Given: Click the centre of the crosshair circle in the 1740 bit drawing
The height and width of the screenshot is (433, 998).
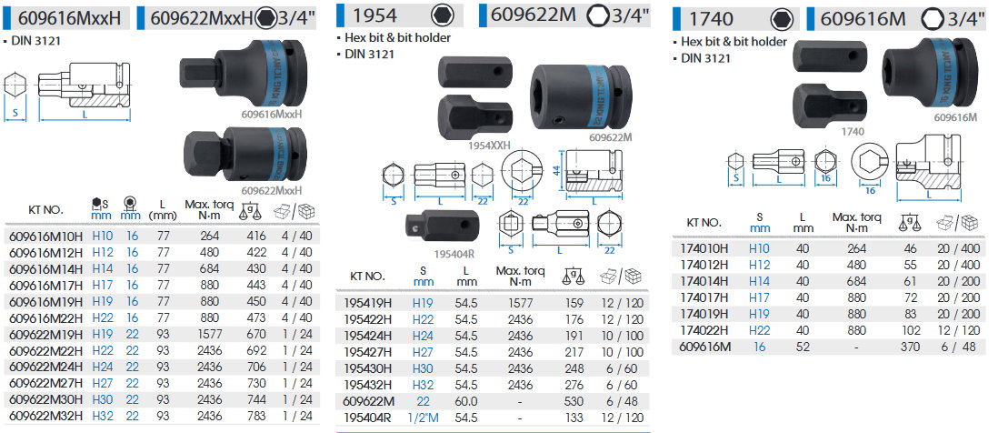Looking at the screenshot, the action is (796, 162).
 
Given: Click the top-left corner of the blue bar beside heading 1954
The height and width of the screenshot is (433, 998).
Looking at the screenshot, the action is (336, 4).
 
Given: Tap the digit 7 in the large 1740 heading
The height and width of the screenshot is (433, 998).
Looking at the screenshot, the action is (702, 20).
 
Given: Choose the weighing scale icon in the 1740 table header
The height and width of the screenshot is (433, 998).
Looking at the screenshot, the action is (909, 222).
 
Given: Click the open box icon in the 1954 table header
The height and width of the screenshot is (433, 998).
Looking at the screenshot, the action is (609, 277).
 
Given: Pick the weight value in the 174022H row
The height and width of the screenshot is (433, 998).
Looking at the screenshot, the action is (912, 330).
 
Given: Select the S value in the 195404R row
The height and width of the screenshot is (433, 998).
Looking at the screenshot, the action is (423, 418).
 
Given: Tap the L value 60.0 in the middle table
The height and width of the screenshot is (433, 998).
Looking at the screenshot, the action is (466, 401).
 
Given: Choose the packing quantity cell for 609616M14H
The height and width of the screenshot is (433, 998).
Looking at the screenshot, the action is (296, 269).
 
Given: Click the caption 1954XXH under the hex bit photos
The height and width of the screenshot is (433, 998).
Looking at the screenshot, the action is (489, 146).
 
